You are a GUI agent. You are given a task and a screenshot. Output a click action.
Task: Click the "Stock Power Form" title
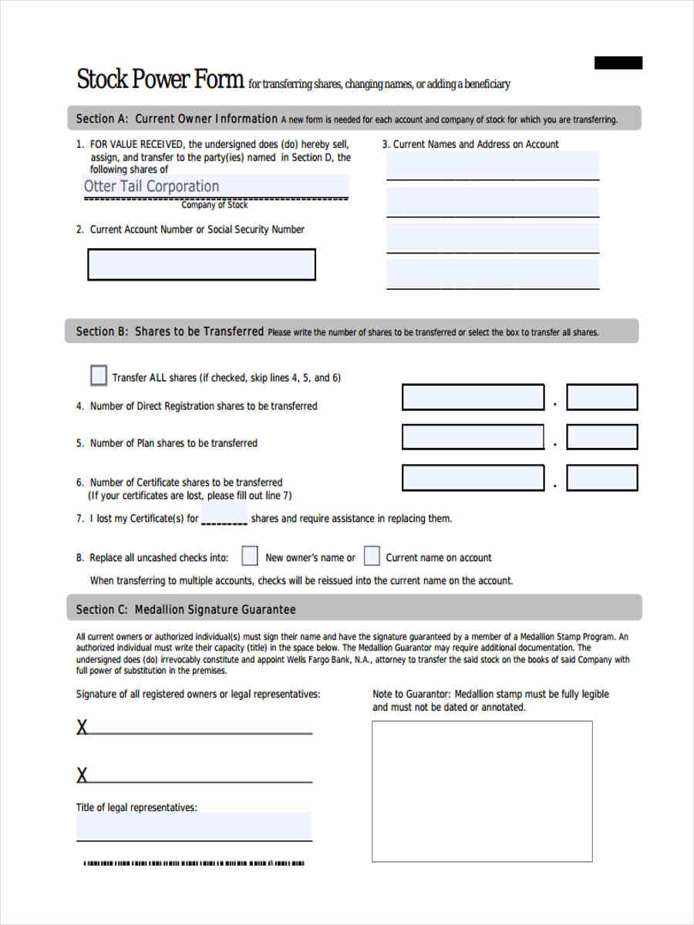(160, 79)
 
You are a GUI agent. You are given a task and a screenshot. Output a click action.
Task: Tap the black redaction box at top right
(618, 63)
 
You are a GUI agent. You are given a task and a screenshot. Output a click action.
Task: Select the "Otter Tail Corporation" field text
(151, 186)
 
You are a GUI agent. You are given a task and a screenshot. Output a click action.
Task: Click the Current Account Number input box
(201, 264)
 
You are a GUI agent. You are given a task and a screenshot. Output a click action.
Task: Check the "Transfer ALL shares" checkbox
(99, 376)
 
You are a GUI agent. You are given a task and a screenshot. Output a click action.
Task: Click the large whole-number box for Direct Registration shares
(473, 398)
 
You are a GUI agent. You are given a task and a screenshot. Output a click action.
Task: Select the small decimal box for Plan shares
(601, 437)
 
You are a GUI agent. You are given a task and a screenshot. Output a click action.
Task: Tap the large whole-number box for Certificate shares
(473, 478)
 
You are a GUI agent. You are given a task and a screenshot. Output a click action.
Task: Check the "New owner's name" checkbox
(250, 557)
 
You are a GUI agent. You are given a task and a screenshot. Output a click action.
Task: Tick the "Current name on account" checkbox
(372, 557)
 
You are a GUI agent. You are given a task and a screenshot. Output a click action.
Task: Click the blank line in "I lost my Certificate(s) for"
(224, 520)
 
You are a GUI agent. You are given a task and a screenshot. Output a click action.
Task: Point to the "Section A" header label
(101, 119)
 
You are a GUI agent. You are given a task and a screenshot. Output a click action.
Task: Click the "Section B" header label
(101, 331)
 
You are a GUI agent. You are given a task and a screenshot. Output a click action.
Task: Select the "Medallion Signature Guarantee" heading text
(215, 610)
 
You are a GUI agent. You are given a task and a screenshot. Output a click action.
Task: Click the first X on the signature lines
(82, 727)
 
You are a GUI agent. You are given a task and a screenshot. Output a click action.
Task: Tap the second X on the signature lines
(82, 775)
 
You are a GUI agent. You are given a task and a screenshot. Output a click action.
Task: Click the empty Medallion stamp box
(482, 791)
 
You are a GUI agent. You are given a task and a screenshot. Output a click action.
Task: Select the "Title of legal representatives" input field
(194, 826)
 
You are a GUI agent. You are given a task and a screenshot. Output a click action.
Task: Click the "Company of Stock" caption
(214, 205)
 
